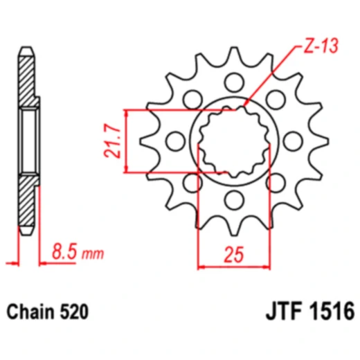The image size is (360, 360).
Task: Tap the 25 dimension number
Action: coord(233,257)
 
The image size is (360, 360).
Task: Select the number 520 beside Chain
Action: coord(75,312)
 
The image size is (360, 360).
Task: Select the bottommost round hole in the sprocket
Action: coord(233,201)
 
